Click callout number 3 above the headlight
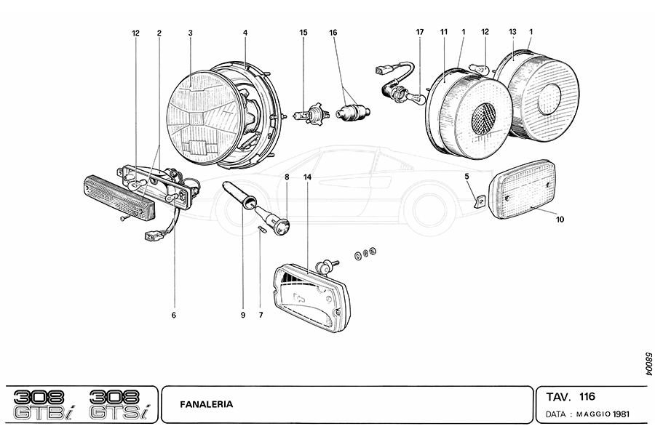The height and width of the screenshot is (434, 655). (190, 33)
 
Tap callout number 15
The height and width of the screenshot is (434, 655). (303, 33)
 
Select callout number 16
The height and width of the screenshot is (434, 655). (333, 33)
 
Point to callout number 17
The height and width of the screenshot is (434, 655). (420, 33)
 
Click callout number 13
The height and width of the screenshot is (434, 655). (512, 33)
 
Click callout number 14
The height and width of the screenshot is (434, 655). (308, 177)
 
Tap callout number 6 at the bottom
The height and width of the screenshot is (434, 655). (174, 315)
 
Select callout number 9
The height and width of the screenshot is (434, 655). (243, 315)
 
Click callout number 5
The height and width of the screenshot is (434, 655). (467, 177)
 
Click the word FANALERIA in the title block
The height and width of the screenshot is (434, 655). (207, 404)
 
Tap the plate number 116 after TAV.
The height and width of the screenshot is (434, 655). (587, 397)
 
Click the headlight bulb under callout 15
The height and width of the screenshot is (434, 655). (307, 115)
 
